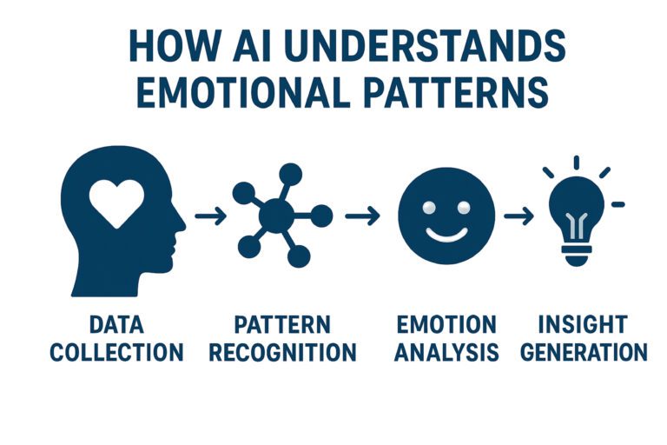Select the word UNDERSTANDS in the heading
(425, 45)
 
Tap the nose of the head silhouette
(182, 223)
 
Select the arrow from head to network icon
(210, 216)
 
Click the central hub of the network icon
(276, 216)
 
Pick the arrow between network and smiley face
(362, 216)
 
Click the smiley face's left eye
(429, 208)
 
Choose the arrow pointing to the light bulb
(519, 216)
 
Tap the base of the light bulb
(577, 255)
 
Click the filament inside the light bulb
(577, 226)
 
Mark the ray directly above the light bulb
(577, 163)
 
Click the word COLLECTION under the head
(117, 353)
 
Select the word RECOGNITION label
(283, 353)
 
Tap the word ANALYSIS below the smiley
(446, 353)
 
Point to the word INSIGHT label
(584, 324)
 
